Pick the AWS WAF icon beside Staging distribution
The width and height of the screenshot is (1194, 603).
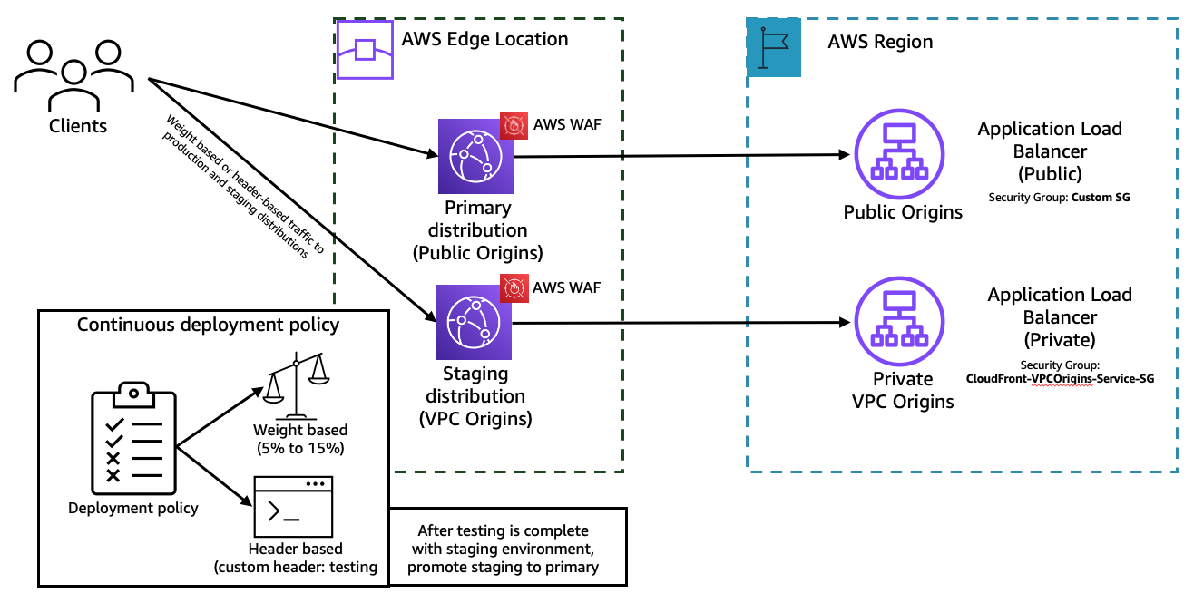point(514,289)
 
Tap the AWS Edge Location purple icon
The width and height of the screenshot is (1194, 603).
point(365,50)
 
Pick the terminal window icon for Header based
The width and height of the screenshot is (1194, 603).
point(290,505)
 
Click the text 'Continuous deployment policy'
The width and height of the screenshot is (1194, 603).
point(208,325)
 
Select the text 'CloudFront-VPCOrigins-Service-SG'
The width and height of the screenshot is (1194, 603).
point(1060,379)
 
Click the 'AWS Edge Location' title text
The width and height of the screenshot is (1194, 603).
point(484,39)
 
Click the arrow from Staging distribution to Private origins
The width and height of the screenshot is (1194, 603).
point(680,322)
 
